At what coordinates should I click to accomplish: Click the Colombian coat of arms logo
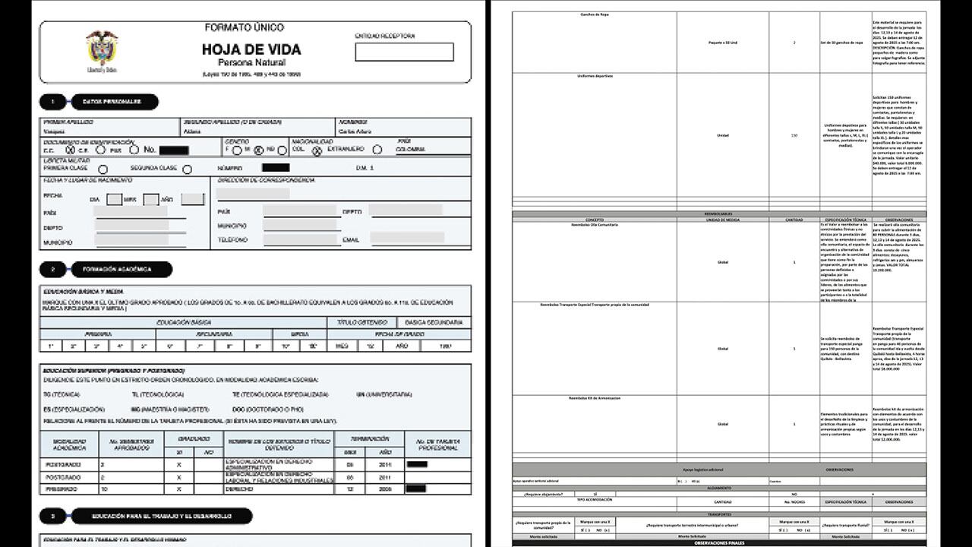point(102,51)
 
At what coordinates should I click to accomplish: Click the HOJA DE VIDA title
point(251,49)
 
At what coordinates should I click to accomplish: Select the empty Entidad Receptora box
point(404,52)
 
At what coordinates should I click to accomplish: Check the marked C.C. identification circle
point(70,150)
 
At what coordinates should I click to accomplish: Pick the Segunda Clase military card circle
point(187,169)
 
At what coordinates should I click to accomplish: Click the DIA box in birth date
point(114,200)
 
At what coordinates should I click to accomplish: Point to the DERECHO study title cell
point(278,489)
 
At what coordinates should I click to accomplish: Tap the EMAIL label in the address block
point(351,240)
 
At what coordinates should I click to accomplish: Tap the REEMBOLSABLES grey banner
point(718,214)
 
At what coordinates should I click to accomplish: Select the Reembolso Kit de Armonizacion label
point(595,398)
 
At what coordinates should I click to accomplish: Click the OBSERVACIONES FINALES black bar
point(718,542)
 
